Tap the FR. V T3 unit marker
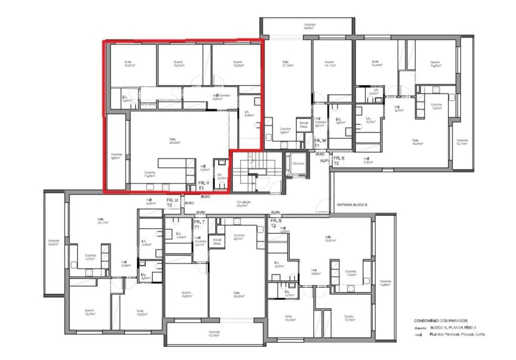(204, 185)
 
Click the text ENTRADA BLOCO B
(352, 204)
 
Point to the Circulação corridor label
(244, 203)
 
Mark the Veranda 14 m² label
(385, 282)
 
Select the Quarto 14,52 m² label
(186, 294)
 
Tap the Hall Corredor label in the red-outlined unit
(221, 96)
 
